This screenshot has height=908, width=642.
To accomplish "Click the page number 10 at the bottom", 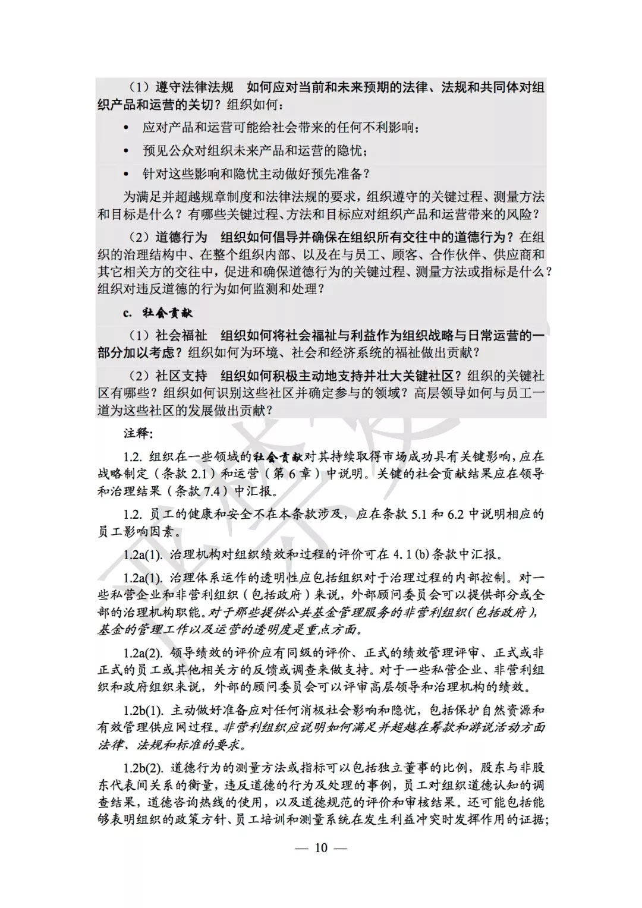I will pos(321,847).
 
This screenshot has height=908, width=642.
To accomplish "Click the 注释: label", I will pos(138,433).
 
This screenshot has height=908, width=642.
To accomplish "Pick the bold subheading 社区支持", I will pos(181,376).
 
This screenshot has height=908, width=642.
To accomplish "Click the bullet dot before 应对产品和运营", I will pos(125,128).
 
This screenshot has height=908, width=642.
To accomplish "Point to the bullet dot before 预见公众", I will pos(125,151).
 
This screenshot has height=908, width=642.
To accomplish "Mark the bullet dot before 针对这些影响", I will pos(125,174).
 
